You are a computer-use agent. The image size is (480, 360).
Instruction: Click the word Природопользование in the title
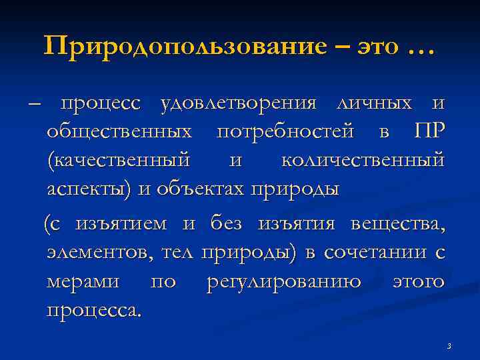pyautogui.click(x=185, y=47)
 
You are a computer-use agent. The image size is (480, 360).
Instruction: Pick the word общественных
pyautogui.click(x=121, y=133)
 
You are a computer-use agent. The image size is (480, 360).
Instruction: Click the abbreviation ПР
pyautogui.click(x=428, y=132)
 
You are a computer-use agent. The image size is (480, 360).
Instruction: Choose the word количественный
pyautogui.click(x=362, y=161)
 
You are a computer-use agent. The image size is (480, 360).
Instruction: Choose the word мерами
pyautogui.click(x=83, y=281)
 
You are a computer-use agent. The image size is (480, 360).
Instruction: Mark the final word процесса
pyautogui.click(x=93, y=310)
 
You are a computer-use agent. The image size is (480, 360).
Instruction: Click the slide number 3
pyautogui.click(x=449, y=345)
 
